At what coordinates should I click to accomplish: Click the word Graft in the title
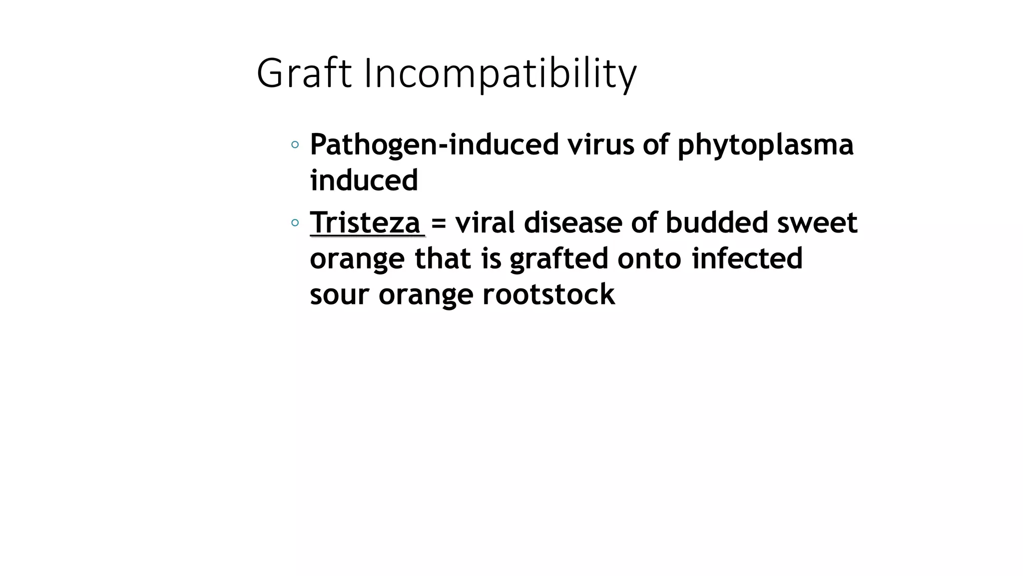coord(304,73)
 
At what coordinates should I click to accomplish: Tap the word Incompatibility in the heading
coord(500,74)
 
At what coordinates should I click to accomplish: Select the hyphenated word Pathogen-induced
coord(434,144)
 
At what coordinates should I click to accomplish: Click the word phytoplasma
coord(765,145)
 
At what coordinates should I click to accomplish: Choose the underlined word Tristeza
coord(365,222)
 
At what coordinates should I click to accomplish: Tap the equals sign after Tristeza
coord(438,223)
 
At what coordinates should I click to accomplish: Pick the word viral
coord(485,222)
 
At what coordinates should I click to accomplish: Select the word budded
coord(716,222)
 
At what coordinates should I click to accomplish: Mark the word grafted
coord(559,259)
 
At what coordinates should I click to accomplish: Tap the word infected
coord(747,258)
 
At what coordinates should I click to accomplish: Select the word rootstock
coord(548,294)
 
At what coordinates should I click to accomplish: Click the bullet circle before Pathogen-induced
coord(295,145)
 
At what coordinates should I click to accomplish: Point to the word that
coord(443,258)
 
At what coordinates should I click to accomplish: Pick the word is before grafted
coord(491,258)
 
